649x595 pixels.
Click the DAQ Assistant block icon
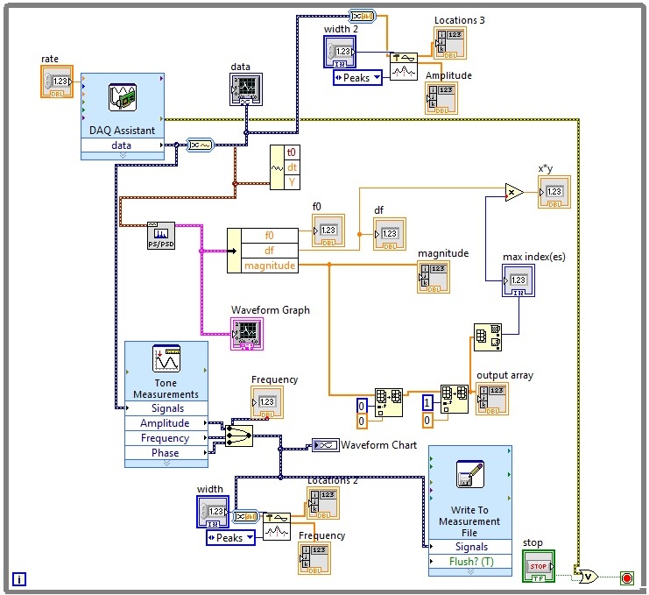click(x=123, y=99)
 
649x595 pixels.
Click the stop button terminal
click(x=538, y=566)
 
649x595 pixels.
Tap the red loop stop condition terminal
click(x=626, y=577)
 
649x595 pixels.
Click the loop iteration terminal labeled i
click(x=19, y=578)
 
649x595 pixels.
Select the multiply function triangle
click(x=514, y=191)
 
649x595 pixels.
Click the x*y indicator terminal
click(x=554, y=192)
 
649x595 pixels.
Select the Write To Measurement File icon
click(x=469, y=478)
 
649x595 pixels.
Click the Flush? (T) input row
click(x=469, y=562)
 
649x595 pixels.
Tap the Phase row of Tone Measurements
click(x=166, y=453)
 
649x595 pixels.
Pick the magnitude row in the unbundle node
click(x=270, y=266)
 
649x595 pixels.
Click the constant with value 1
click(x=427, y=402)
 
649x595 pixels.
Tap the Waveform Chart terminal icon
click(x=325, y=445)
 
